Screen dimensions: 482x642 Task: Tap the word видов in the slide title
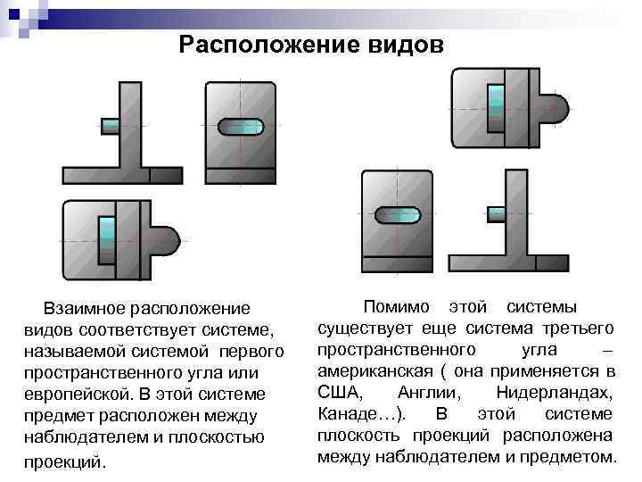399,44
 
